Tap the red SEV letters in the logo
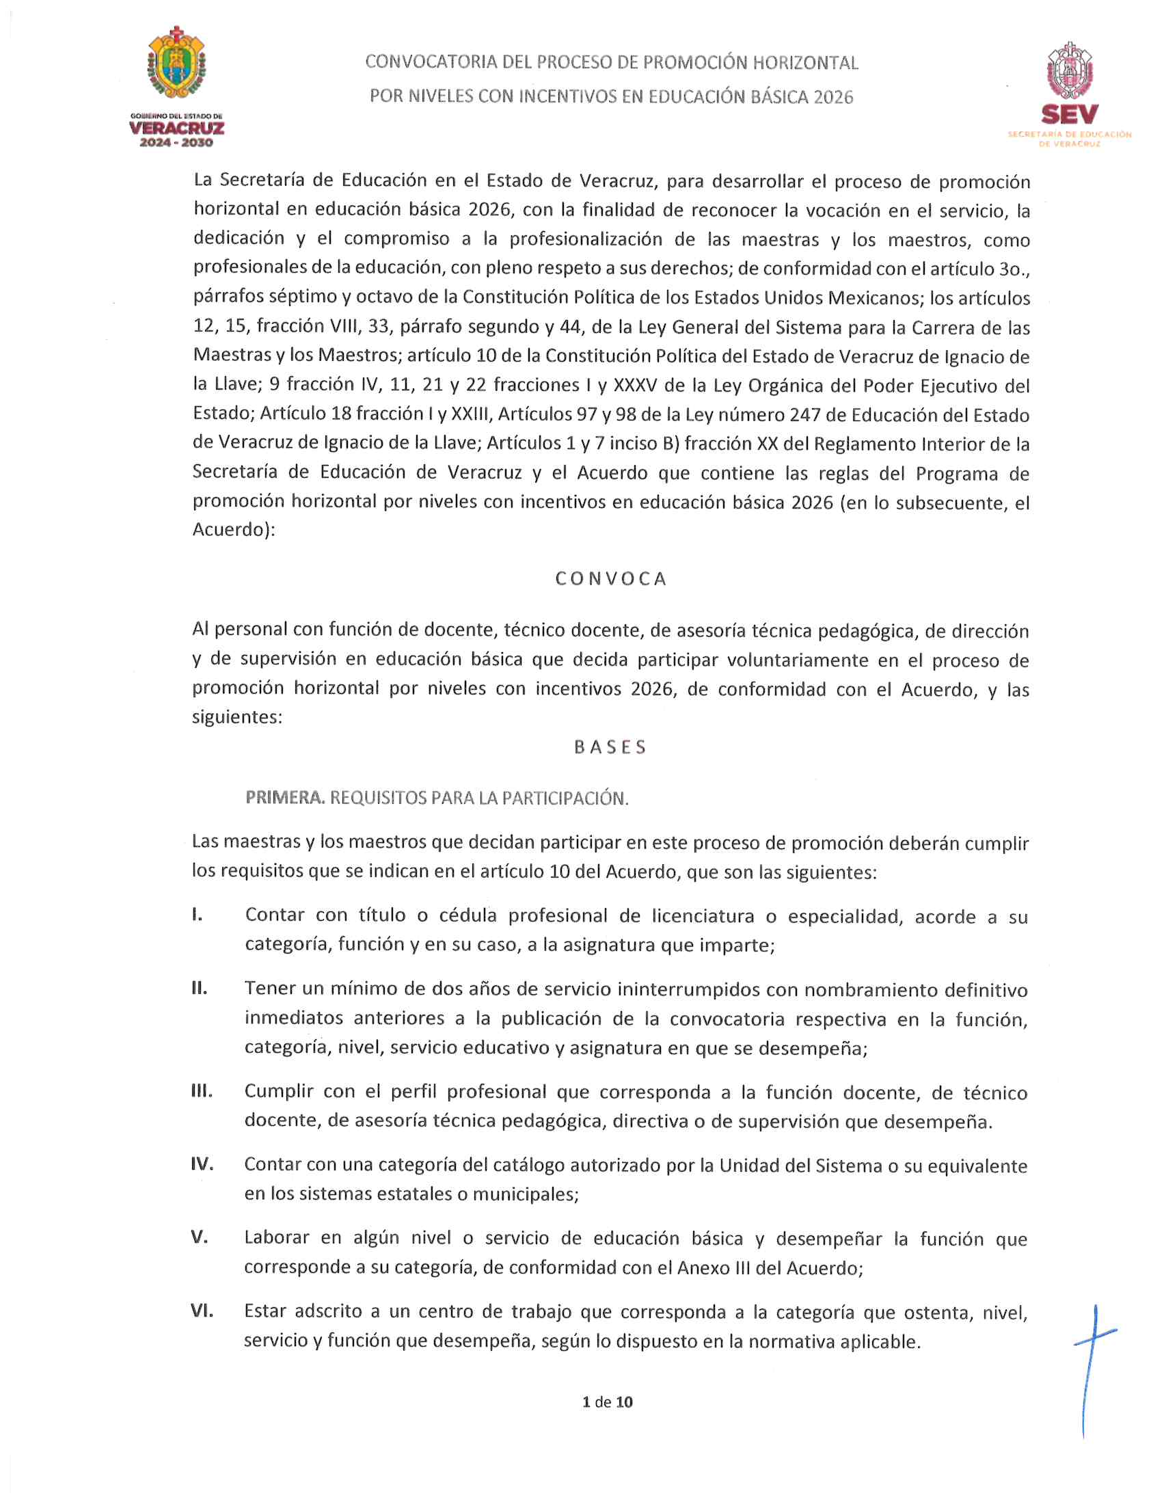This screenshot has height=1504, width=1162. tap(1069, 114)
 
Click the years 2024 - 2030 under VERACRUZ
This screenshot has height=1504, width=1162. tap(176, 143)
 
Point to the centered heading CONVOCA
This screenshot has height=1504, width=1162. tap(611, 578)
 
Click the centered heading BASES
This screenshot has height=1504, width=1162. tap(610, 747)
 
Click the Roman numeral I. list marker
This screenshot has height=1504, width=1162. tap(198, 915)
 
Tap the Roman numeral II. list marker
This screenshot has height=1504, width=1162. tap(200, 989)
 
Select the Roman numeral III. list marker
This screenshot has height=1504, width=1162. tap(202, 1091)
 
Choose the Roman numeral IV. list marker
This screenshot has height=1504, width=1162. tap(202, 1164)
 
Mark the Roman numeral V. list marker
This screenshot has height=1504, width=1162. tap(200, 1237)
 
